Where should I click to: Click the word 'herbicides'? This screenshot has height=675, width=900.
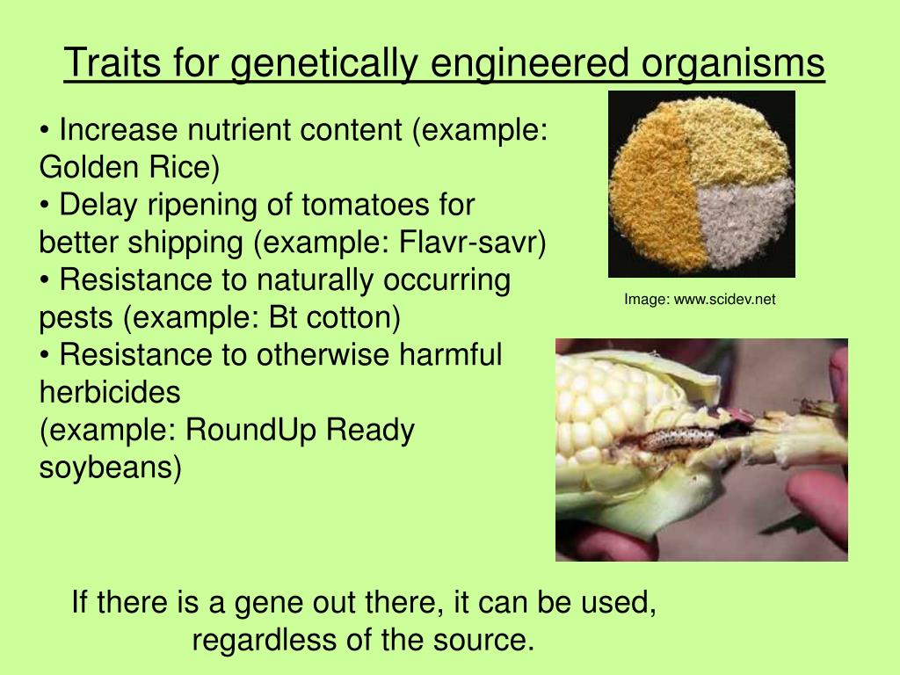coord(110,393)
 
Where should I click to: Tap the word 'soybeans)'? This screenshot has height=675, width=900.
coord(111,468)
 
